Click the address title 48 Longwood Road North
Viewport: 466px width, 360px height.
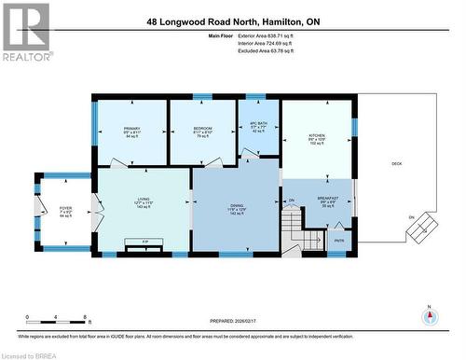coord(233,21)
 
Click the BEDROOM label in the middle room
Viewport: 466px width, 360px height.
coord(202,132)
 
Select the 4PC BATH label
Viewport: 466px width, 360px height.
coord(258,127)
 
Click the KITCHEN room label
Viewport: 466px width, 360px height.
coord(317,139)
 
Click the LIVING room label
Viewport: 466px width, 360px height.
coord(144,202)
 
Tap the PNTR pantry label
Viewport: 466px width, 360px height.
coord(338,240)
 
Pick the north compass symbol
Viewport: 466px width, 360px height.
coord(429,314)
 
